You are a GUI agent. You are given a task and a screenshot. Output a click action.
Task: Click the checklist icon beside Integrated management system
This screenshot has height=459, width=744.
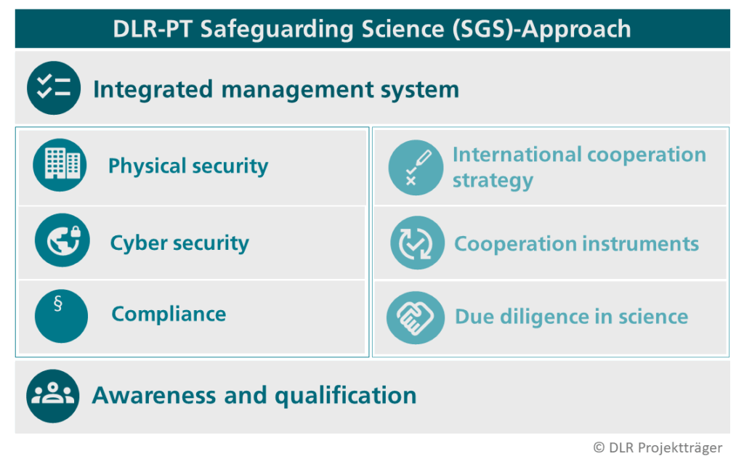tap(53, 89)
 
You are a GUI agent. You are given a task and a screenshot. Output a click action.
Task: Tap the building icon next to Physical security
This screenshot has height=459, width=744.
tap(60, 165)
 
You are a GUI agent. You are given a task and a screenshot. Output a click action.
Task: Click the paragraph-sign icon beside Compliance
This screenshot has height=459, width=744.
tap(61, 316)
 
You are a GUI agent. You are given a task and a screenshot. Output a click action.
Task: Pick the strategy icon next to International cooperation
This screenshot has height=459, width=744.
tap(415, 168)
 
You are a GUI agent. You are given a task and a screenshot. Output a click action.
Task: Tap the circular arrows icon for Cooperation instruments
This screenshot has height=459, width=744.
tap(416, 243)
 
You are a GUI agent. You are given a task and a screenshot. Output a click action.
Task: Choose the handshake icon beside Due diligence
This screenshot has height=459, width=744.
tap(415, 317)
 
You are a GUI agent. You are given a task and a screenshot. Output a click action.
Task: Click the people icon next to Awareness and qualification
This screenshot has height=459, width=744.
tap(53, 396)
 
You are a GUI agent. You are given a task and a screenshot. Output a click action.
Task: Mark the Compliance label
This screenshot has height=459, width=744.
tap(169, 314)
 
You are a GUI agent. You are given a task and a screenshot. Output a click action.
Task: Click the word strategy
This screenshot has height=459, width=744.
tap(493, 181)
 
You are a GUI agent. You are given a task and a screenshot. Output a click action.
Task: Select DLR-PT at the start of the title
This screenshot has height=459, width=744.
tap(152, 29)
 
